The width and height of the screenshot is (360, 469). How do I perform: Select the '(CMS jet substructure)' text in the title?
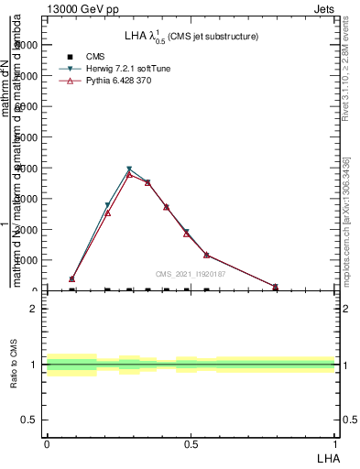(x=213, y=37)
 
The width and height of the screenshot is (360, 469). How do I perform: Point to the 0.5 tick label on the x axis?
(x=191, y=444)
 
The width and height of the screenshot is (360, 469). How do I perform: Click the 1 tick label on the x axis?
(x=335, y=444)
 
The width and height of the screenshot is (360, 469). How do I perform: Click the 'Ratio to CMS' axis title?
(x=15, y=365)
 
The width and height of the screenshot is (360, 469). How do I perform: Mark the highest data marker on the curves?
(x=129, y=169)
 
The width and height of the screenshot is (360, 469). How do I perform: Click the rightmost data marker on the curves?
(x=275, y=287)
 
